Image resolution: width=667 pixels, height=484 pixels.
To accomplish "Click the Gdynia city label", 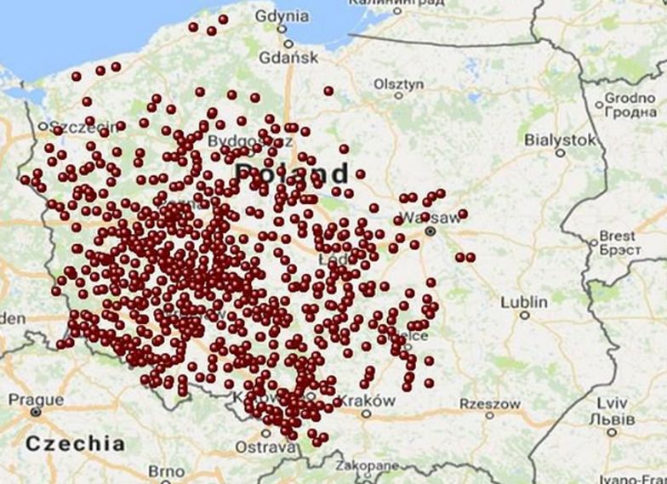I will [x=282, y=15].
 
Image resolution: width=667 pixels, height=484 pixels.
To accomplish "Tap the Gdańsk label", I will [x=289, y=58].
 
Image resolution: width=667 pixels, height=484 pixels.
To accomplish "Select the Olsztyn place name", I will [x=398, y=84].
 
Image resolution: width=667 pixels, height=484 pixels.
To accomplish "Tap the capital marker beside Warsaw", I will [x=430, y=231].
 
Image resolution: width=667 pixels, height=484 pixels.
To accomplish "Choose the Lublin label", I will [x=524, y=302].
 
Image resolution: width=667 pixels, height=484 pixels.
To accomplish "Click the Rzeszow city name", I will [x=490, y=403].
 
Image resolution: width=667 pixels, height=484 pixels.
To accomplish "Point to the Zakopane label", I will [x=367, y=467].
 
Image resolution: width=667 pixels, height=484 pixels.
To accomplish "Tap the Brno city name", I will [x=166, y=471].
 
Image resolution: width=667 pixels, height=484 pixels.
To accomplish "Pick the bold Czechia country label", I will [x=75, y=443].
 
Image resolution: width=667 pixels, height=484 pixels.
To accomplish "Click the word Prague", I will [x=36, y=399].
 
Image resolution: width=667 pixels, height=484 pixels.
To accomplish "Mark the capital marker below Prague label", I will [x=35, y=412].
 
